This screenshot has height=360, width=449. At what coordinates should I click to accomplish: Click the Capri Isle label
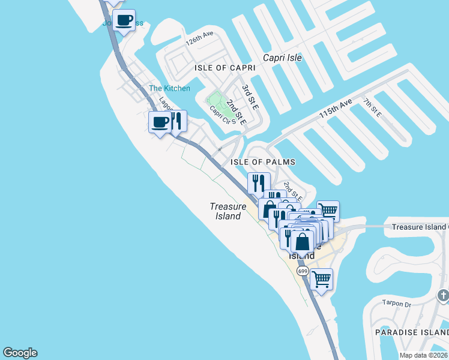pyautogui.click(x=282, y=58)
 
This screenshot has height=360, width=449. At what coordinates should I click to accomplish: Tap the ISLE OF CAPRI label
pyautogui.click(x=225, y=68)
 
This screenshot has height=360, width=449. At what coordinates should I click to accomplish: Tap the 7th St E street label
pyautogui.click(x=372, y=107)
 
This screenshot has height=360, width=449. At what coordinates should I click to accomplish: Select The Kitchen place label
pyautogui.click(x=169, y=89)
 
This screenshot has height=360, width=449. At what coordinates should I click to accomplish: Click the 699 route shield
pyautogui.click(x=303, y=271)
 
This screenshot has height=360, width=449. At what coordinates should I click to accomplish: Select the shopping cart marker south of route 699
pyautogui.click(x=322, y=279)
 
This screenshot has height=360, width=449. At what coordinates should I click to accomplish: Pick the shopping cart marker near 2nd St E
pyautogui.click(x=328, y=211)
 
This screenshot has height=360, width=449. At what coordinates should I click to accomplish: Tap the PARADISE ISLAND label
pyautogui.click(x=411, y=332)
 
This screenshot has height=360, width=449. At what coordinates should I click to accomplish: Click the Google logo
pyautogui.click(x=20, y=353)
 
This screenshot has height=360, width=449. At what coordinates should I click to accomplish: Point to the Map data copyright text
pyautogui.click(x=424, y=355)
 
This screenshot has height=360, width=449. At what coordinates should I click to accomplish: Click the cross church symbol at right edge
pyautogui.click(x=443, y=295)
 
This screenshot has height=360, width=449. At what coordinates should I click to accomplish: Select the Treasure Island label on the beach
pyautogui.click(x=228, y=211)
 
